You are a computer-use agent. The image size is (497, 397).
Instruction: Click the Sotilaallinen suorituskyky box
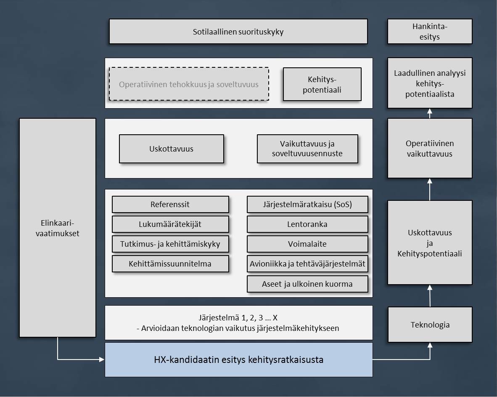pyautogui.click(x=238, y=32)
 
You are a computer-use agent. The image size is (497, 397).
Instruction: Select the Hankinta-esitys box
pyautogui.click(x=429, y=32)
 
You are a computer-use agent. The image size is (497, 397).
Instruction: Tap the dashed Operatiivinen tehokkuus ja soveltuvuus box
pyautogui.click(x=189, y=84)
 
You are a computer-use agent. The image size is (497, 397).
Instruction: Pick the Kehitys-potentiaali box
pyautogui.click(x=322, y=84)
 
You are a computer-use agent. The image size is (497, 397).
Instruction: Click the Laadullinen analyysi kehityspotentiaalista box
pyautogui.click(x=430, y=83)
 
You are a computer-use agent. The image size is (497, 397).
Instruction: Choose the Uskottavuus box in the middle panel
pyautogui.click(x=171, y=149)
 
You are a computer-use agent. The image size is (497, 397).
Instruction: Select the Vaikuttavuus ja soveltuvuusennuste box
pyautogui.click(x=307, y=149)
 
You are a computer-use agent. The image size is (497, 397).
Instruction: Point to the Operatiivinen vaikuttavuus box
pyautogui.click(x=430, y=148)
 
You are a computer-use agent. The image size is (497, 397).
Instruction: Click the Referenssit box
pyautogui.click(x=170, y=205)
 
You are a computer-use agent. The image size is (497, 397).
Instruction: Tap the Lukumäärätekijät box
pyautogui.click(x=170, y=224)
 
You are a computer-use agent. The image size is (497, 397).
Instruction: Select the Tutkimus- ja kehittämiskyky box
pyautogui.click(x=170, y=244)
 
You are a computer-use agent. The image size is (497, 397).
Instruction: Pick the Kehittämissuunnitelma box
pyautogui.click(x=170, y=264)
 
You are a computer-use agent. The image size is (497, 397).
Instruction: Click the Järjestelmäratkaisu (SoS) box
pyautogui.click(x=307, y=205)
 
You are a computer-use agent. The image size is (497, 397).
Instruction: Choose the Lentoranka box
pyautogui.click(x=307, y=224)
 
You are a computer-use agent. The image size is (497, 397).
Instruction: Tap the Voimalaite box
pyautogui.click(x=307, y=244)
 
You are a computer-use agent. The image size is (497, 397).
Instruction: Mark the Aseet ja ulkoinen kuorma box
pyautogui.click(x=307, y=284)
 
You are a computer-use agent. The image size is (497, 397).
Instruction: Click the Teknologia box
pyautogui.click(x=430, y=325)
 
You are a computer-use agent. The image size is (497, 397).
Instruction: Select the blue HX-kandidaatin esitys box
pyautogui.click(x=238, y=360)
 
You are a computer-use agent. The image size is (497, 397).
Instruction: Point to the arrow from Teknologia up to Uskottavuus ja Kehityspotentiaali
pyautogui.click(x=430, y=296)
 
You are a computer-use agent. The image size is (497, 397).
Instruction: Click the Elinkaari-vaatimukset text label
pyautogui.click(x=58, y=228)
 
